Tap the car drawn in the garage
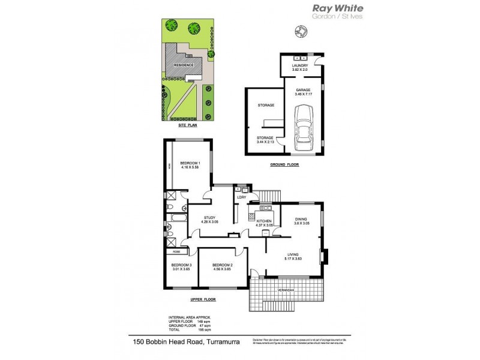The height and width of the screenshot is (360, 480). tap(304, 127)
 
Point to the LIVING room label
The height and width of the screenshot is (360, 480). tap(293, 256)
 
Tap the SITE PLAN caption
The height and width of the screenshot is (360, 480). tap(187, 127)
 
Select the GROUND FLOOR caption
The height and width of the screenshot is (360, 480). tap(285, 164)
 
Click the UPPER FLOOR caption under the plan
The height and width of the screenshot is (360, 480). tap(204, 299)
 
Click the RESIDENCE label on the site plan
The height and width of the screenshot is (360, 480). tap(183, 65)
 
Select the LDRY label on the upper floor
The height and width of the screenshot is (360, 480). tap(243, 197)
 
